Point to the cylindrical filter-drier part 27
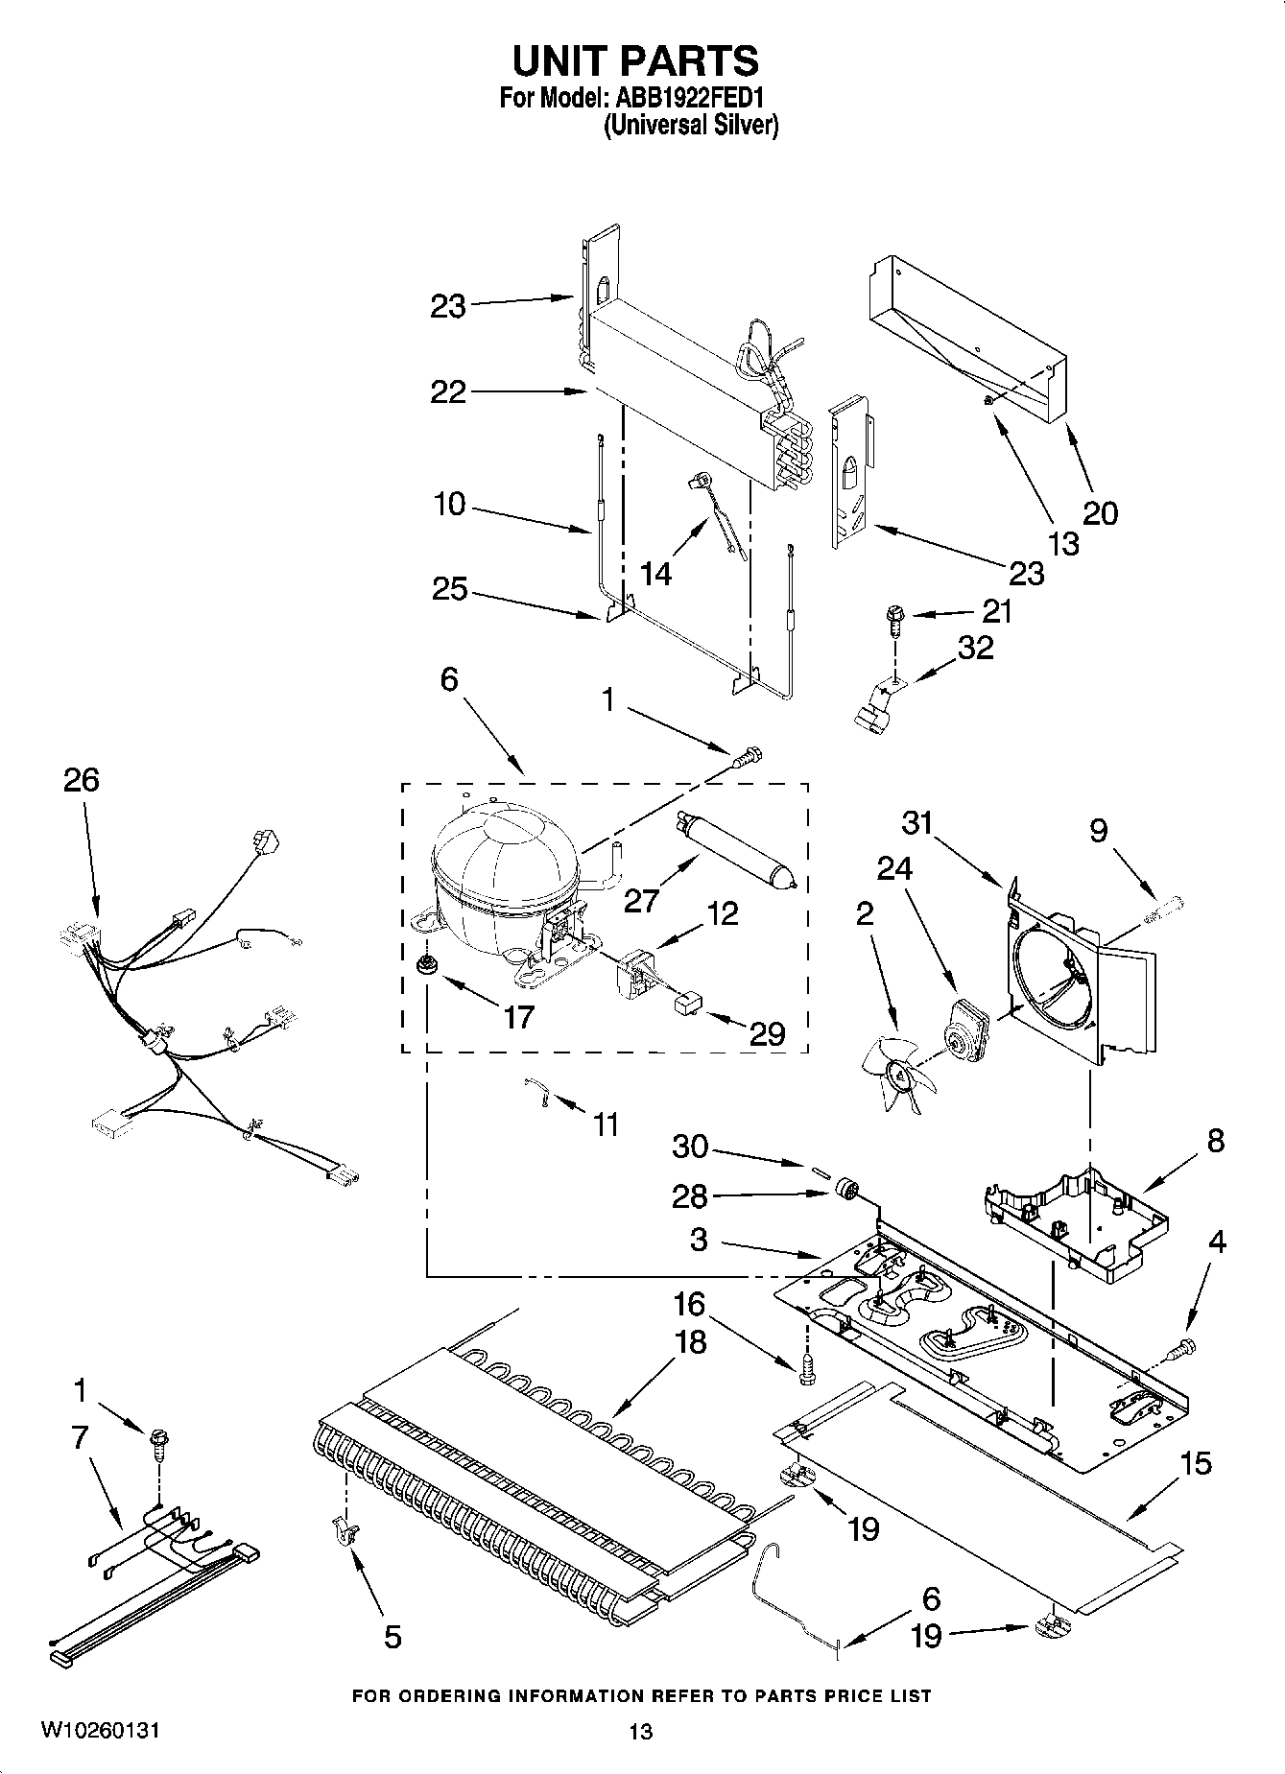pos(737,845)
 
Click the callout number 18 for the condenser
pos(690,1342)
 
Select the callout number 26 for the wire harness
pos(82,780)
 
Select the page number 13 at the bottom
pos(640,1732)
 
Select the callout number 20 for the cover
pos(1100,513)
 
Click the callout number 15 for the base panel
pos(1196,1464)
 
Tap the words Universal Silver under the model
pos(690,126)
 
